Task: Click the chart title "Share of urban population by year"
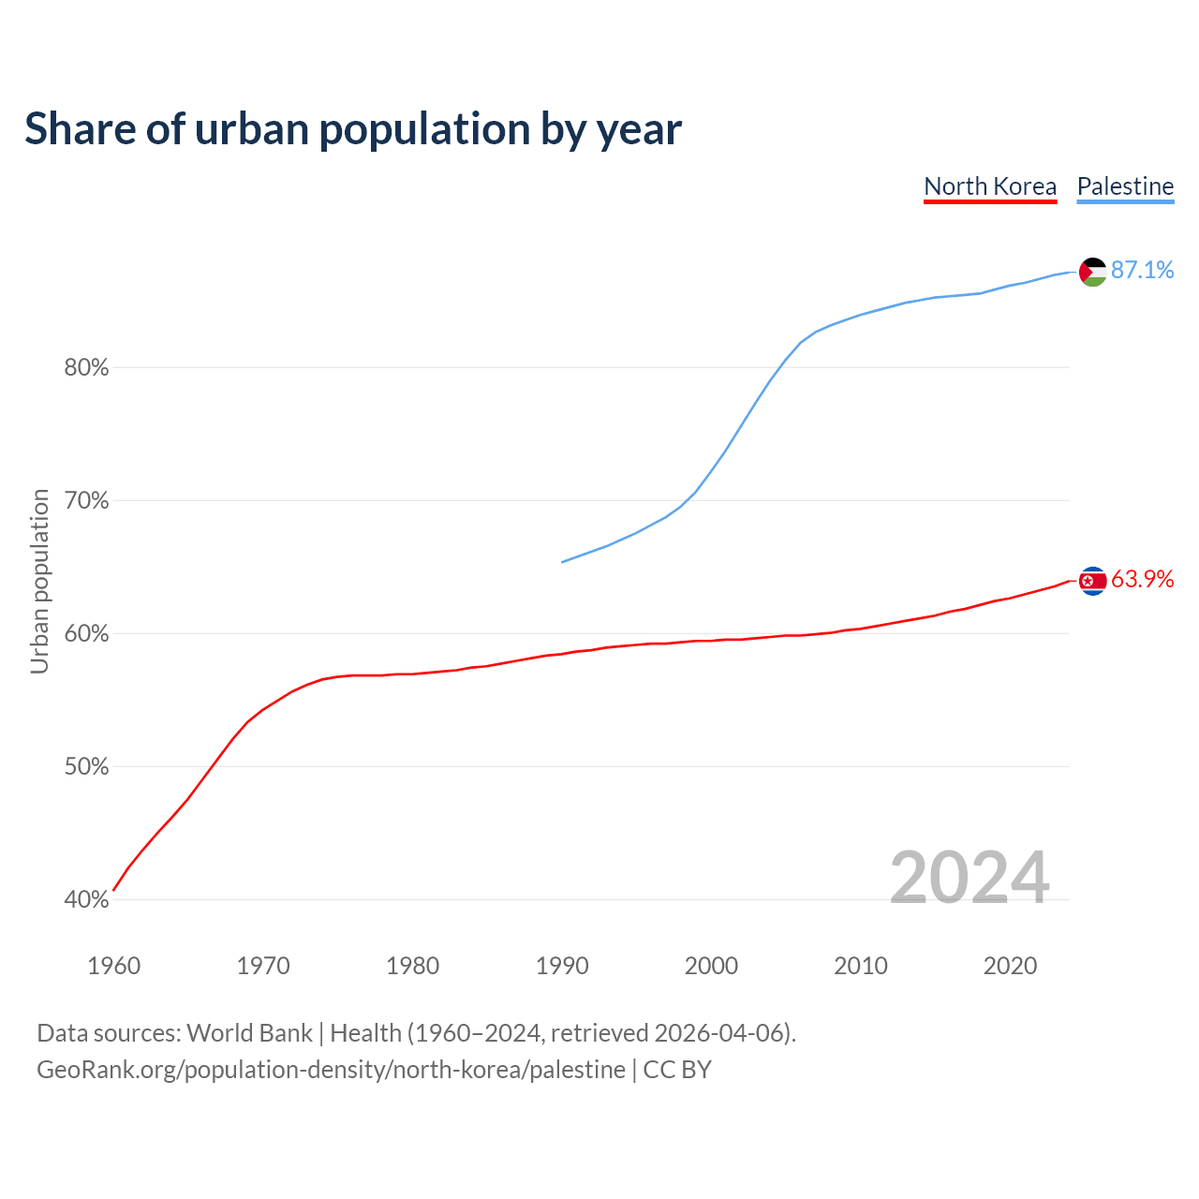(353, 129)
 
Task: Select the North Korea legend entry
(990, 186)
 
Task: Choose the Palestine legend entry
(1125, 186)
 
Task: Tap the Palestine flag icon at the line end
(1092, 272)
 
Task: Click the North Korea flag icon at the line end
(1092, 582)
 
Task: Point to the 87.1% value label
(1142, 270)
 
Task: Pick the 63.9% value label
(1142, 580)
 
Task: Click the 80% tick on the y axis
(86, 368)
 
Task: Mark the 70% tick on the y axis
(86, 501)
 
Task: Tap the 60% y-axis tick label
(86, 634)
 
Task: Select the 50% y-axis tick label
(86, 767)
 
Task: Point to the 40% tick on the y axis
(86, 900)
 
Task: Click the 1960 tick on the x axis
(113, 966)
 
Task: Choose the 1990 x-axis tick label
(562, 966)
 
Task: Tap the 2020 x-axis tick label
(1010, 966)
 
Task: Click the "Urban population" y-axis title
(39, 581)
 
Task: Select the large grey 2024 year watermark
(969, 878)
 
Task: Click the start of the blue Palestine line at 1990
(562, 562)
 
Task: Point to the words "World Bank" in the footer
(249, 1033)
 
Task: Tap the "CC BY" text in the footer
(677, 1070)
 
